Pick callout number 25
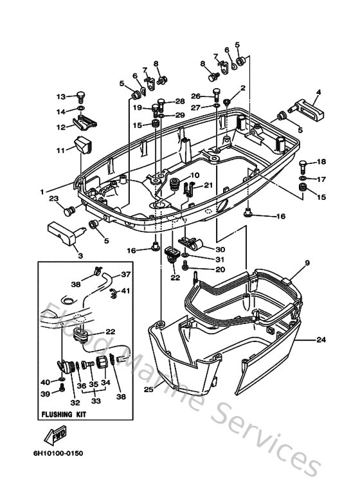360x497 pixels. pyautogui.click(x=148, y=389)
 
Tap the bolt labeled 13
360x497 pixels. pyautogui.click(x=79, y=97)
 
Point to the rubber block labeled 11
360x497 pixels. pyautogui.click(x=82, y=147)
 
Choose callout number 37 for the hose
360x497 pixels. pyautogui.click(x=126, y=275)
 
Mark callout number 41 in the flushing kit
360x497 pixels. pyautogui.click(x=126, y=291)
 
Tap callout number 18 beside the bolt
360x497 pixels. pyautogui.click(x=321, y=161)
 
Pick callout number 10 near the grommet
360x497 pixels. pyautogui.click(x=195, y=175)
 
